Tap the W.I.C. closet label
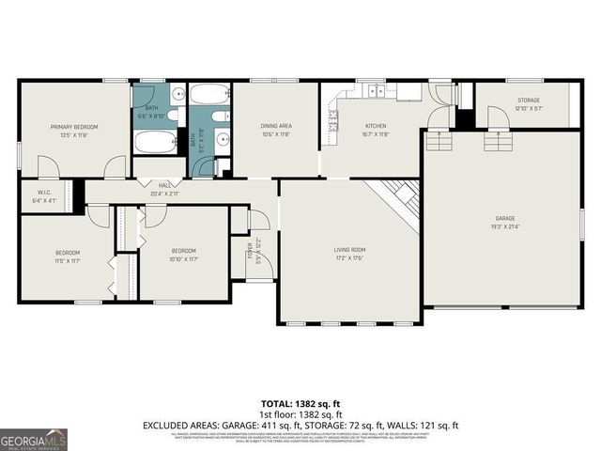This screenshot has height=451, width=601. tap(44, 196)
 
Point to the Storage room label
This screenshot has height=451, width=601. tap(528, 104)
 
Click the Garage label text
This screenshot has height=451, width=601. tap(505, 222)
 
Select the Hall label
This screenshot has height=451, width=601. tap(165, 189)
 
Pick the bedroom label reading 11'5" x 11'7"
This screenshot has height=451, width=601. tap(67, 256)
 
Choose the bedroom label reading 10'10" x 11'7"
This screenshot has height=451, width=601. tap(183, 254)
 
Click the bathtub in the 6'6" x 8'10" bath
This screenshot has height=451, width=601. tap(153, 142)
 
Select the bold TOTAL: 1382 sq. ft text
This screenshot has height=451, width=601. tap(300, 401)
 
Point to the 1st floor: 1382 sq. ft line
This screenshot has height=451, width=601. tap(300, 413)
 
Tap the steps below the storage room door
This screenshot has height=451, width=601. tap(498, 142)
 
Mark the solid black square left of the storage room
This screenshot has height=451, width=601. tap(463, 119)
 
